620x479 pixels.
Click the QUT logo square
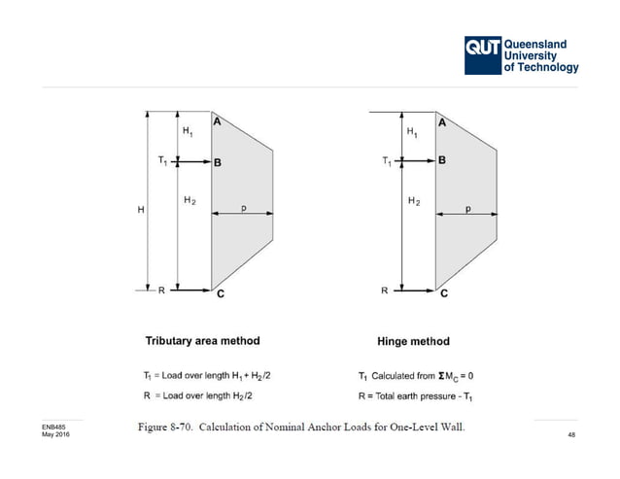click(x=482, y=55)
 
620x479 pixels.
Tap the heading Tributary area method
click(x=202, y=341)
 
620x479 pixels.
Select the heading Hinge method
click(x=413, y=342)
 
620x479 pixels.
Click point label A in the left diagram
click(x=217, y=122)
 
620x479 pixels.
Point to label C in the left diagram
click(x=221, y=296)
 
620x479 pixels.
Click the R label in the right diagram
click(x=386, y=290)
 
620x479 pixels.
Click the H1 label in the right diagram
click(x=412, y=131)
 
